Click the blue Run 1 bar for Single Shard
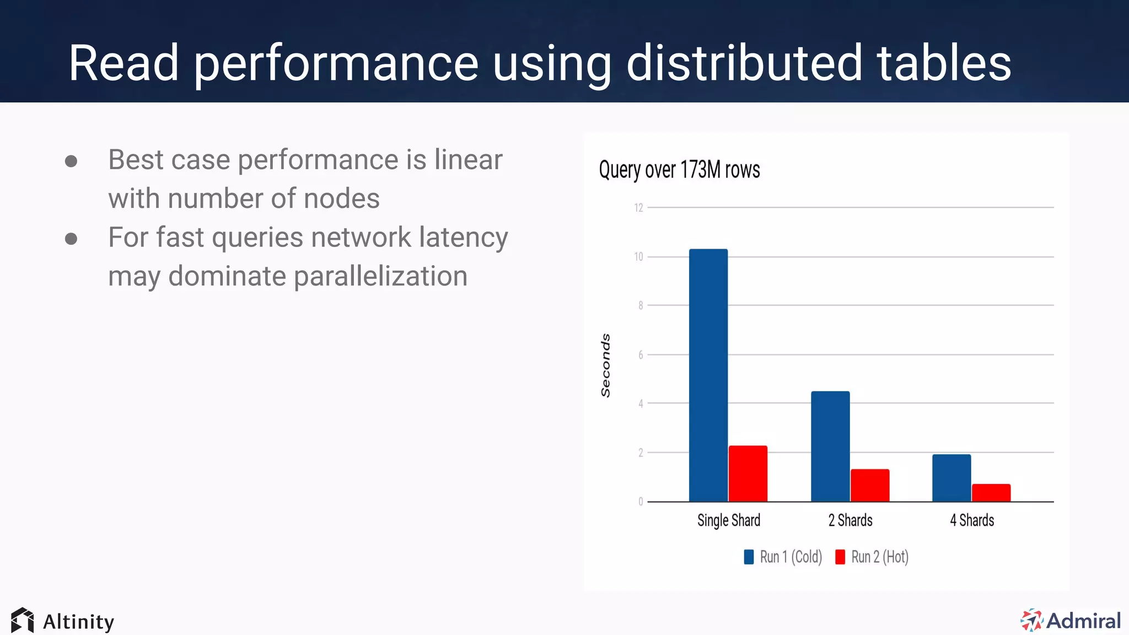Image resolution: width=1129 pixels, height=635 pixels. click(708, 375)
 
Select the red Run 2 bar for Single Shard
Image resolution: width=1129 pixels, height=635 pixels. click(748, 473)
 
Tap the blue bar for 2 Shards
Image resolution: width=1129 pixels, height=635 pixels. click(830, 446)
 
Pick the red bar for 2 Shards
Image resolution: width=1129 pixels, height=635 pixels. click(870, 485)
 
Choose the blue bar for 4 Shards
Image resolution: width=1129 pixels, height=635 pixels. click(951, 478)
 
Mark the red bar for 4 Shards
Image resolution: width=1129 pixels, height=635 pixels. click(991, 493)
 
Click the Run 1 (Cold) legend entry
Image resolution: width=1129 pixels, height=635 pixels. click(783, 557)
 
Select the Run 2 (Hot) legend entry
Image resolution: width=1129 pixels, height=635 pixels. click(872, 557)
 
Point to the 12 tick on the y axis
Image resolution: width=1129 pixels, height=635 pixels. click(638, 208)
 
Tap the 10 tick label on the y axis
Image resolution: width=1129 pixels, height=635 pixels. click(638, 257)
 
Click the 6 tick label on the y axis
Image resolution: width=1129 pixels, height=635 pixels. click(641, 355)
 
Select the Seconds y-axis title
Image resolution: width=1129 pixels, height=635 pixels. click(605, 365)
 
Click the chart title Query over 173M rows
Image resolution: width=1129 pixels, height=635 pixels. click(679, 170)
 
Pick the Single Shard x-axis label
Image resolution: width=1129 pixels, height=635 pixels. click(728, 520)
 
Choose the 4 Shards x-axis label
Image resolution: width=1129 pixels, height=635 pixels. click(972, 520)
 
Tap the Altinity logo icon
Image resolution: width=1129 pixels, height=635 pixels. click(22, 621)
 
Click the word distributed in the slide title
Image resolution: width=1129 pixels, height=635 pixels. click(744, 63)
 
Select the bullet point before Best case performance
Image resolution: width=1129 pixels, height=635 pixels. click(71, 161)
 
